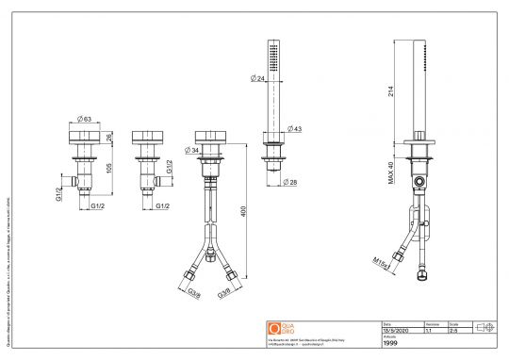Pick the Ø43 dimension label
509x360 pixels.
tap(294, 128)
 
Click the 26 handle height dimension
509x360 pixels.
tap(109, 138)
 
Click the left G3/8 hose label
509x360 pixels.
tap(193, 293)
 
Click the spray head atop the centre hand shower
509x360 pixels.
tap(273, 57)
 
